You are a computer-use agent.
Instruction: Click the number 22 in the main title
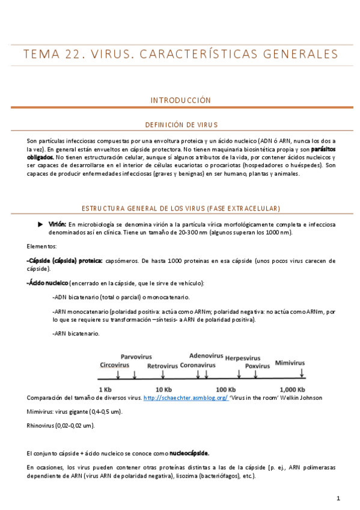tap(74, 55)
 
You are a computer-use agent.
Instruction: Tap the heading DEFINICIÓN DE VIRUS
tap(180, 125)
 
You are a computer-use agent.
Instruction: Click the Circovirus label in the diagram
tap(115, 364)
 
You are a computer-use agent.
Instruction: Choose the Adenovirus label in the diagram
tap(206, 355)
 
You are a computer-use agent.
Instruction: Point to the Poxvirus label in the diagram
tap(257, 365)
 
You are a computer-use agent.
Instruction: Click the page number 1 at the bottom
tap(339, 498)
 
